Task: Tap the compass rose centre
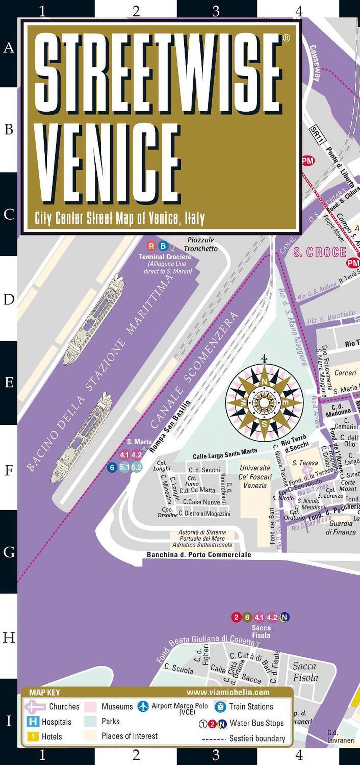point(264,402)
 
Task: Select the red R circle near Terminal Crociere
point(152,246)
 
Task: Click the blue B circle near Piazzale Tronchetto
point(163,246)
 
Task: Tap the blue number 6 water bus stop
point(112,468)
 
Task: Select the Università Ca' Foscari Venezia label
point(255,477)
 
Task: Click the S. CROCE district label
point(320,252)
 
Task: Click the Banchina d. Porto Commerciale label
point(199,555)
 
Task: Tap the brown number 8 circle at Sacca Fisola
point(247,617)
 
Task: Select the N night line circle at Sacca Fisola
point(285,617)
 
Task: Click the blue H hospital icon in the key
point(33,721)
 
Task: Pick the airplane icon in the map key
point(143,706)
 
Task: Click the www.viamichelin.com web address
point(228,692)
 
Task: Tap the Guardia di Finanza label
point(341,527)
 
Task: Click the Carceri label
point(345,373)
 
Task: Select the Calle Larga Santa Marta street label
point(225,454)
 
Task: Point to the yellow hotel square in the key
point(33,737)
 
